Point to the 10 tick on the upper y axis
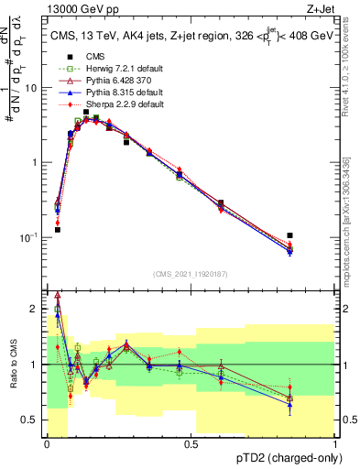pos(33,89)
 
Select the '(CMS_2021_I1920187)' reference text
pos(191,272)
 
